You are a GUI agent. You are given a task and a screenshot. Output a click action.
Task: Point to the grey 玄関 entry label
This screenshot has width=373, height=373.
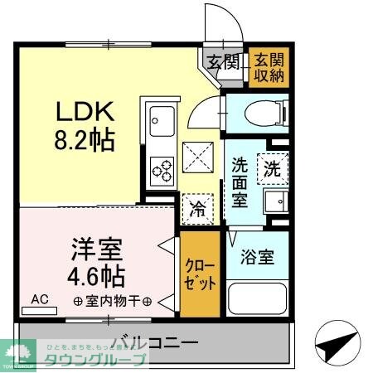(223, 61)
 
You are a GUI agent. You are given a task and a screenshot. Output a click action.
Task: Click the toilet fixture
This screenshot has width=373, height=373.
(264, 112)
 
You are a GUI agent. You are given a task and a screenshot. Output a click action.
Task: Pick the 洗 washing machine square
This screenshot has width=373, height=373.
(272, 168)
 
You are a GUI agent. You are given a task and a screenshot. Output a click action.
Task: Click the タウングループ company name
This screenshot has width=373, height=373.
(98, 359)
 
